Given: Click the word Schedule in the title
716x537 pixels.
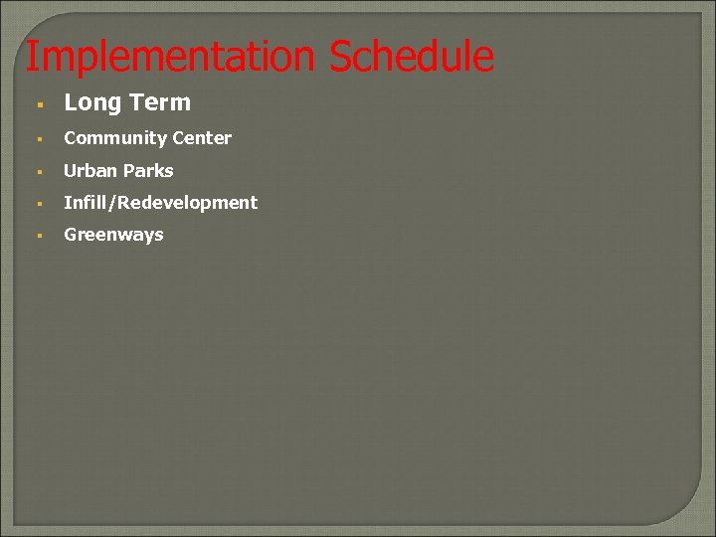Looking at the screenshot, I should pyautogui.click(x=411, y=57).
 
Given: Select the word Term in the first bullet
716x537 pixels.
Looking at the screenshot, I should pyautogui.click(x=159, y=102).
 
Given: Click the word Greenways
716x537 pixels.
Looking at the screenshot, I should pyautogui.click(x=113, y=235).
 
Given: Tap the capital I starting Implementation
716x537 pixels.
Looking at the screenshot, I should pyautogui.click(x=31, y=57).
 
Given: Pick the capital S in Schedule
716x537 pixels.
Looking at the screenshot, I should pyautogui.click(x=340, y=57).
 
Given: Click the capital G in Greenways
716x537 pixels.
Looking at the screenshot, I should pyautogui.click(x=71, y=235).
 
